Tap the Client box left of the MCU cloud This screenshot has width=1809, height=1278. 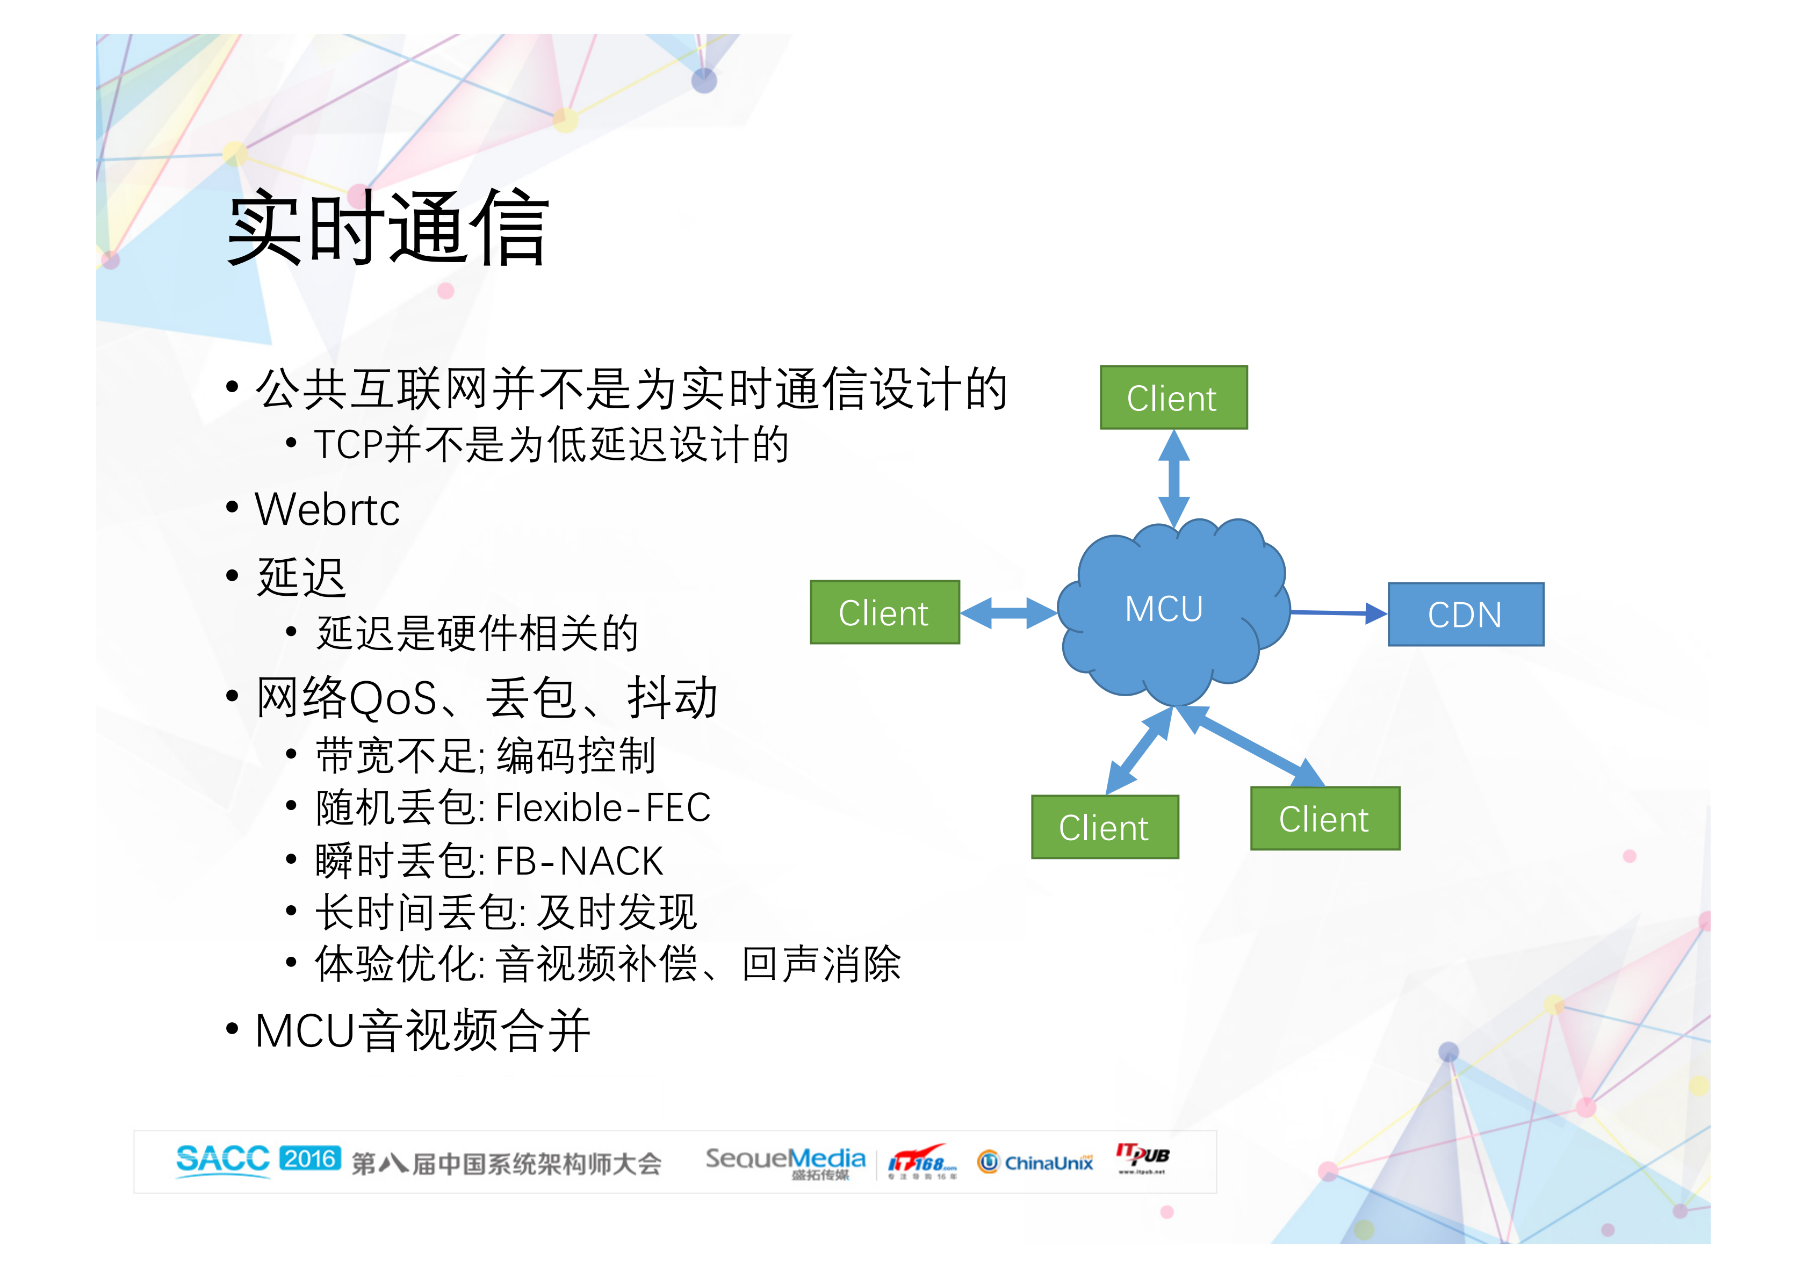click(884, 613)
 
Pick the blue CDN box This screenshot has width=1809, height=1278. click(1465, 615)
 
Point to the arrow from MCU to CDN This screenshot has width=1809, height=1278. click(1338, 612)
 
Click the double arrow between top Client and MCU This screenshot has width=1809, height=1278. click(1173, 478)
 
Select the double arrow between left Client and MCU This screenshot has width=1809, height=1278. click(1008, 612)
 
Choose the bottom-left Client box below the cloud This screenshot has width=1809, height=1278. click(1104, 827)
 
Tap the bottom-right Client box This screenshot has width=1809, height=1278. click(1324, 819)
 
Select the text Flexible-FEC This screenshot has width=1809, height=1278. click(603, 807)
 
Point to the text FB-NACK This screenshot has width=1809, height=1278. click(579, 861)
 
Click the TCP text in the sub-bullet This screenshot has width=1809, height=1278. click(347, 444)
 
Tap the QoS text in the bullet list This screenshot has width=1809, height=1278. click(392, 699)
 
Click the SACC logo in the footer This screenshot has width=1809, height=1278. click(222, 1160)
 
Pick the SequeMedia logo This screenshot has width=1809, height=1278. click(785, 1161)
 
